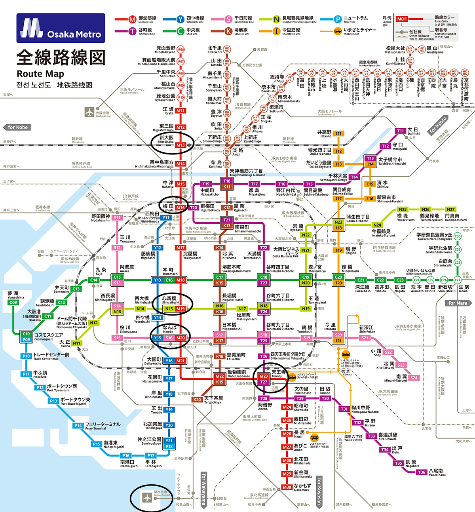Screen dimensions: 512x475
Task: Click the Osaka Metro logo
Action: pos(61,28)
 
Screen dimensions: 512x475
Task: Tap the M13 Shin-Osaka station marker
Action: pos(180,145)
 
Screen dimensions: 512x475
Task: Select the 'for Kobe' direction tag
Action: pos(18,128)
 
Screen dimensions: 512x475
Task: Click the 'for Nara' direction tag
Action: pos(458,303)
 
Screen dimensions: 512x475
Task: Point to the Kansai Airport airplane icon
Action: pos(147,497)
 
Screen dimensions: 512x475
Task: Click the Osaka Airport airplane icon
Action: pos(89,112)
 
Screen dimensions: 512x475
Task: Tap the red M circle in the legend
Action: pos(132,19)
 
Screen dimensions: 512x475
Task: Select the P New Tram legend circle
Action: pos(337,19)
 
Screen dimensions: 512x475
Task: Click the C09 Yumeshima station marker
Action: pos(13,303)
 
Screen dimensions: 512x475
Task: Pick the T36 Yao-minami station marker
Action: pos(422,472)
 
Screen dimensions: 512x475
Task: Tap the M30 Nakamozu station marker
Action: pos(287,487)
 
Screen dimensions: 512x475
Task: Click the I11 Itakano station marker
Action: pos(338,133)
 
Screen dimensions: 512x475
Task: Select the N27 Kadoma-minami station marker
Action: pos(450,209)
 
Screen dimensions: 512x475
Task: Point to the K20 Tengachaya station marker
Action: pos(197,400)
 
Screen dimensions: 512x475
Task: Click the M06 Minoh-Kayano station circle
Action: pos(180,50)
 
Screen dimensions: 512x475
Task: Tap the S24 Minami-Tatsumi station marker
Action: pos(414,378)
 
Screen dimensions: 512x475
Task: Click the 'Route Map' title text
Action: pos(40,74)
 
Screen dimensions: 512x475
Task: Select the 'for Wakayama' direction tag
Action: pos(204,489)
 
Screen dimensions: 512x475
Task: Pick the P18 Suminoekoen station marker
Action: pos(169,446)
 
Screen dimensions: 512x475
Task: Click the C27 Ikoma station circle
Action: pos(458,280)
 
